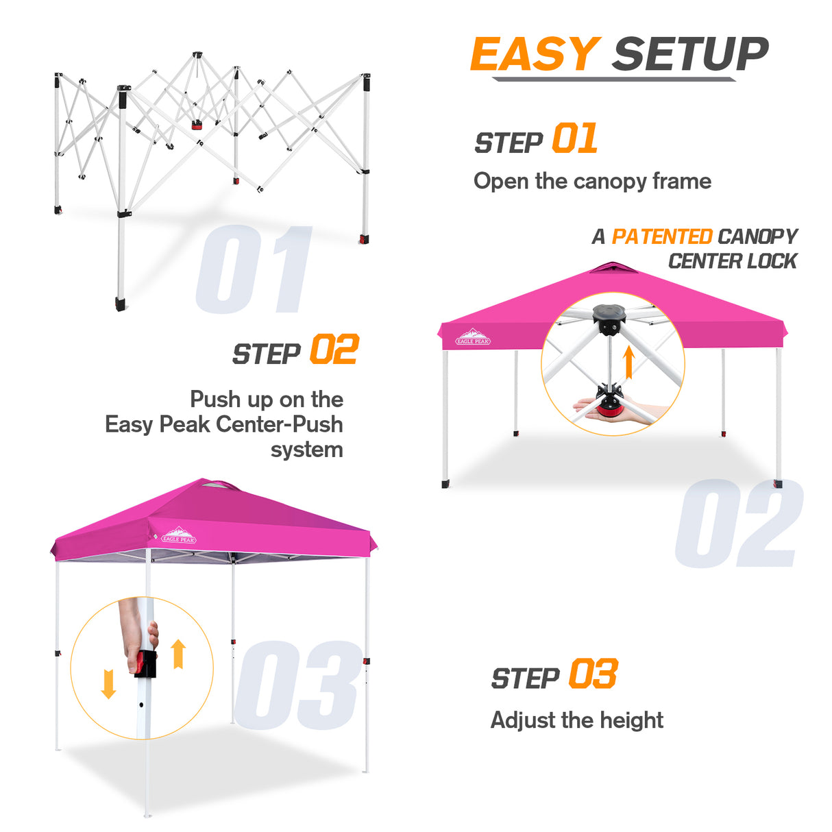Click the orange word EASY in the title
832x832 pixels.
tap(535, 55)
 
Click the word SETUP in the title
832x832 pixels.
tap(690, 55)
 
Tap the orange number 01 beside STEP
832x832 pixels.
tap(574, 139)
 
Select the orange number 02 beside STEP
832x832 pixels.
tap(334, 350)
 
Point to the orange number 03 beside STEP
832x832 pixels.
tap(593, 674)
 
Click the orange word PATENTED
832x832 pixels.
tap(661, 236)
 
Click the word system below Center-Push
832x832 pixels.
tap(306, 450)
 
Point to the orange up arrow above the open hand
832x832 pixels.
tap(628, 363)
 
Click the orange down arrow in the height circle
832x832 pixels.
tap(108, 684)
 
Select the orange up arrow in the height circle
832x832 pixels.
tap(178, 654)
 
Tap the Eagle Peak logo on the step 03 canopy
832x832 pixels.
tap(179, 535)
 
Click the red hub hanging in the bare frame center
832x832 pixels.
tap(197, 125)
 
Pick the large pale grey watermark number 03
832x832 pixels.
tap(297, 685)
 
